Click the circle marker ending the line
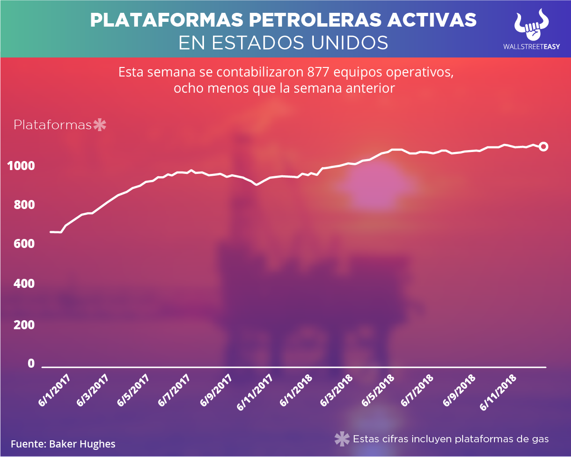pos(543,147)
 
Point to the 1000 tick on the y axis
pos(21,166)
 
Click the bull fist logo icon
pos(532,24)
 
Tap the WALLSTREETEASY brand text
pos(531,47)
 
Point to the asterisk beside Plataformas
pos(100,125)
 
